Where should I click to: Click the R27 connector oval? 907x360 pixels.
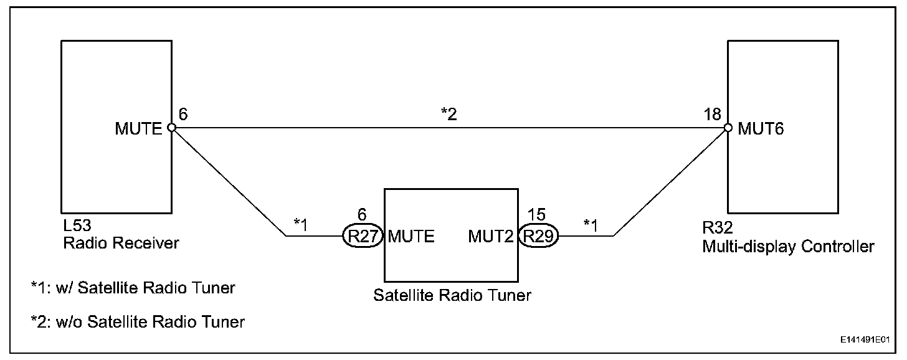[361, 236]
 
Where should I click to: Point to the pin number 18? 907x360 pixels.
[714, 114]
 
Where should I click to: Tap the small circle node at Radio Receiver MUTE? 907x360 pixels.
[171, 128]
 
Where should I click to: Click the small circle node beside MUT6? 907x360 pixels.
[728, 128]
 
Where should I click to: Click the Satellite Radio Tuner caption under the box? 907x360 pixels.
[452, 295]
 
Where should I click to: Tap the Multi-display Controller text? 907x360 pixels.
[788, 247]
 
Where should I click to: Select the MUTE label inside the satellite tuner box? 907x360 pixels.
[411, 237]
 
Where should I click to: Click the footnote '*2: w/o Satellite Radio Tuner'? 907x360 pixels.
[138, 322]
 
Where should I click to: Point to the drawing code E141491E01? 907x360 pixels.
[863, 341]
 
